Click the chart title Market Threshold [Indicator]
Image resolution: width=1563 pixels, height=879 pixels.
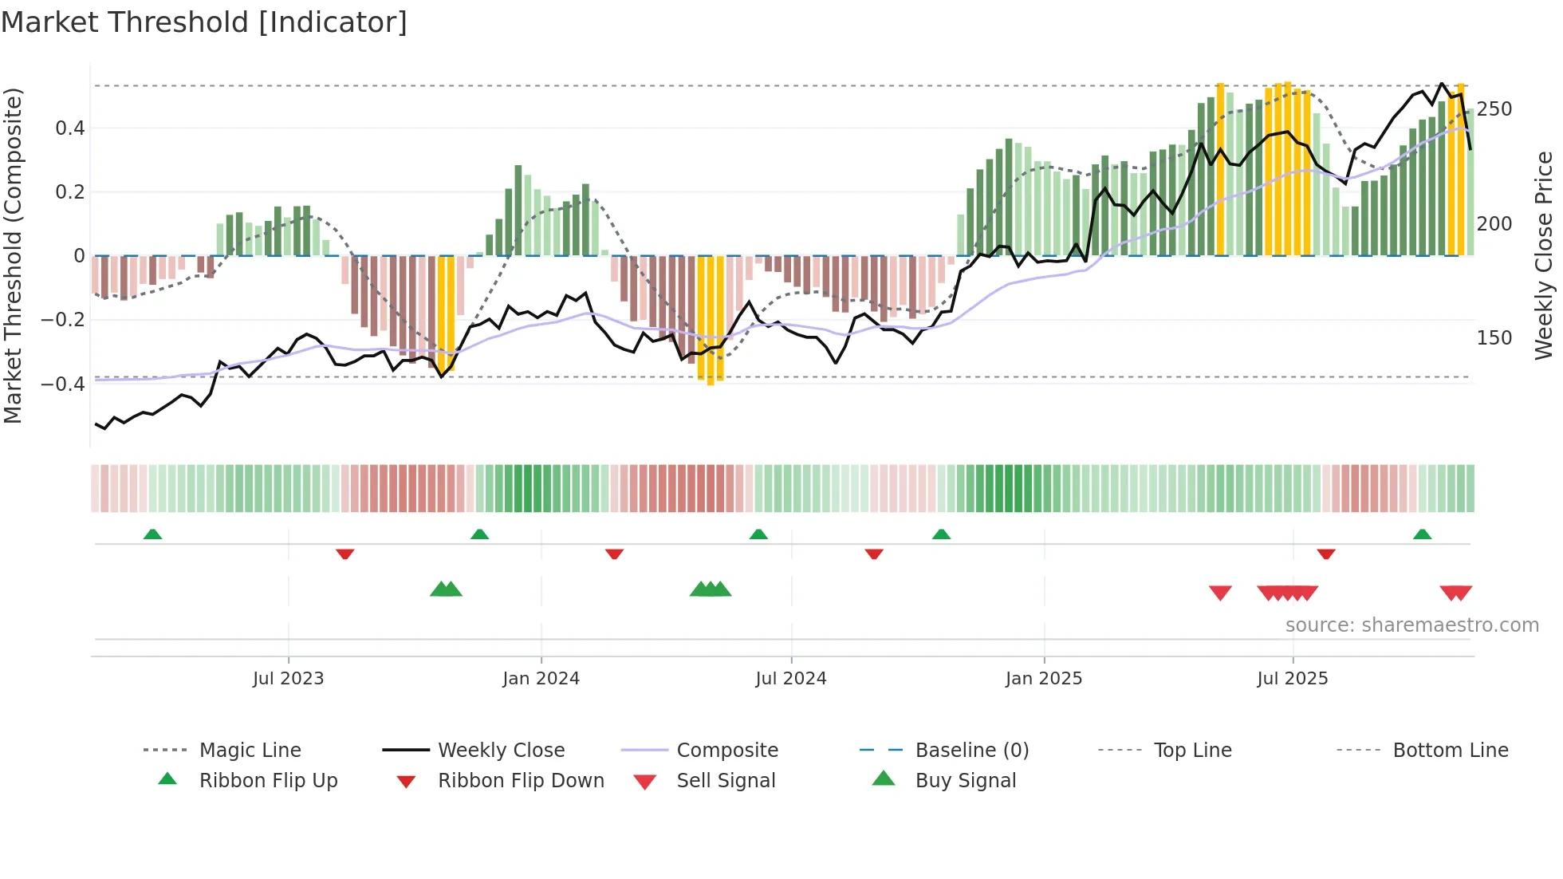pos(204,22)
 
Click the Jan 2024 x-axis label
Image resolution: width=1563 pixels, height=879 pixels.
pos(541,679)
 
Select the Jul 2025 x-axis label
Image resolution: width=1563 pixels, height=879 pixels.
pos(1292,679)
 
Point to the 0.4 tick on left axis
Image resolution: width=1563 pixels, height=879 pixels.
pos(69,128)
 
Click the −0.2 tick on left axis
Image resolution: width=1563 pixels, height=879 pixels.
pos(63,320)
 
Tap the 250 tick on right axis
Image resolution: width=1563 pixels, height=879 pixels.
pos(1494,109)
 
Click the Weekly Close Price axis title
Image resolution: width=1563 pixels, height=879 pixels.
pos(1544,255)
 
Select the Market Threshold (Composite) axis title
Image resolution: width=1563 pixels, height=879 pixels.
pos(13,255)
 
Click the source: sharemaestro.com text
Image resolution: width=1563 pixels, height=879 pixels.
pos(1411,625)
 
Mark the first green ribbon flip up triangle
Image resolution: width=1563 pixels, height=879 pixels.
pos(152,534)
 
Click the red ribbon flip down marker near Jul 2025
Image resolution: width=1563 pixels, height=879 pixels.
pos(1325,554)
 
